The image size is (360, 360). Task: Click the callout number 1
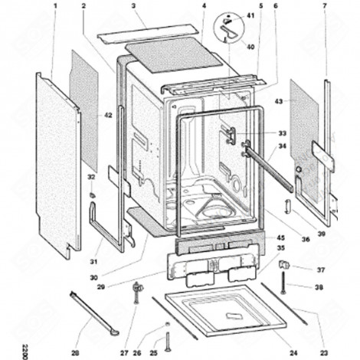pos(55,5)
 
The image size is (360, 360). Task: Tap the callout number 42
pos(108,115)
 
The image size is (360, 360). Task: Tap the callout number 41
pos(250,15)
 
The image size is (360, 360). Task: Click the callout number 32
pos(91,177)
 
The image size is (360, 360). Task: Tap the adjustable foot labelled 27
pos(139,290)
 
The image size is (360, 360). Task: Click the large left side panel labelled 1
pos(57,161)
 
